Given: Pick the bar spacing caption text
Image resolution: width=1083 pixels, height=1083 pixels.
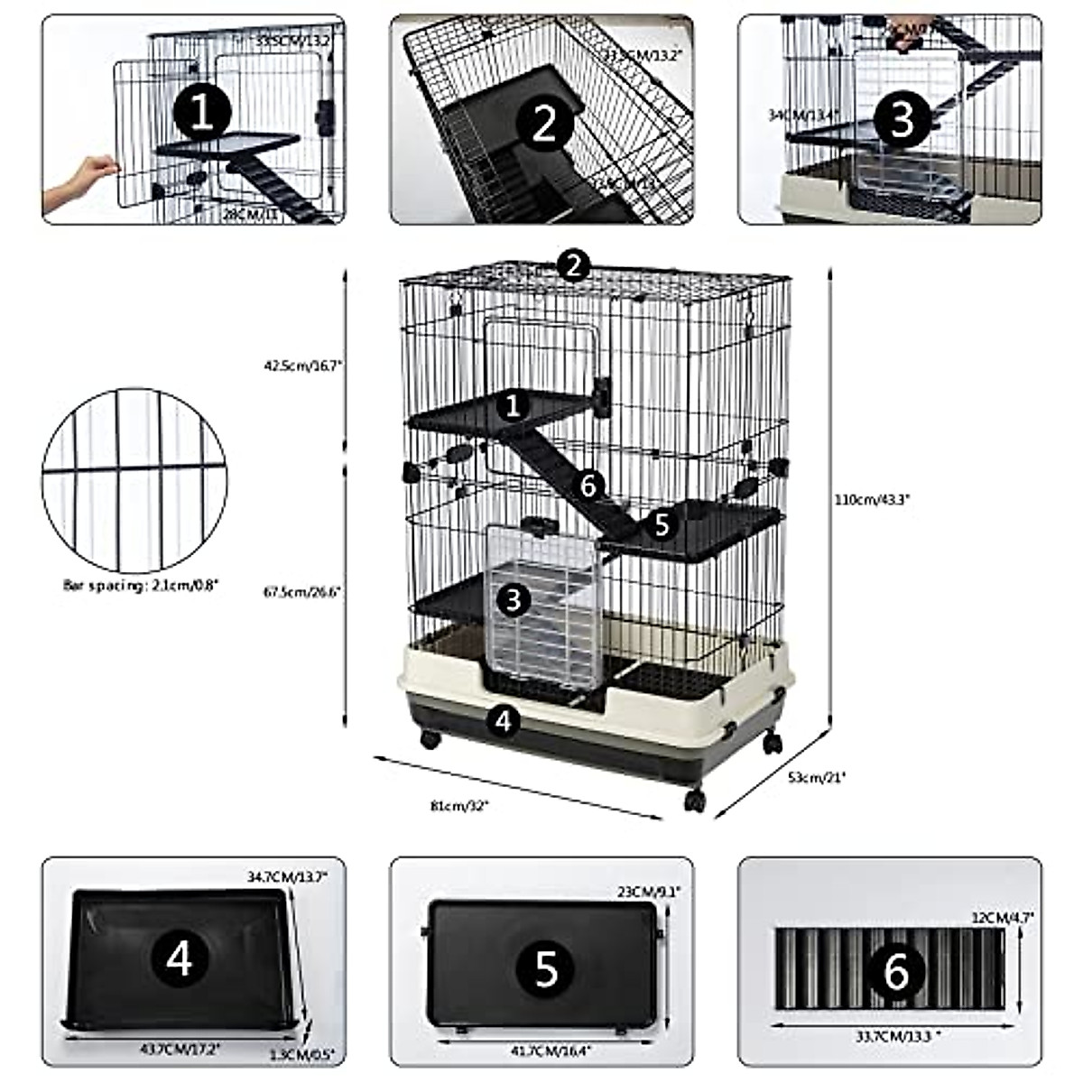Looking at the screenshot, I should [x=141, y=585].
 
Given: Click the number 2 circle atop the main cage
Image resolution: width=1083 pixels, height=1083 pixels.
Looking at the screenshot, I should [x=573, y=265].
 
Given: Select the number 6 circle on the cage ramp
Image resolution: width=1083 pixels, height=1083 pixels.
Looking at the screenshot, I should [x=588, y=485].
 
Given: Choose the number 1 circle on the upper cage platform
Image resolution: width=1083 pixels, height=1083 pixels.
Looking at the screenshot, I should [x=514, y=405].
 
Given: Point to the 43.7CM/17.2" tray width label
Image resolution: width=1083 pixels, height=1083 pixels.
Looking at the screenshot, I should [x=181, y=1050].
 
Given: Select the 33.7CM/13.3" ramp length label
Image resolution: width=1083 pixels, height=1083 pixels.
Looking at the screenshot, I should [x=892, y=1036].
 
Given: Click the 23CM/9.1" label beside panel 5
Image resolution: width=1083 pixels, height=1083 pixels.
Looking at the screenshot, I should [x=655, y=891].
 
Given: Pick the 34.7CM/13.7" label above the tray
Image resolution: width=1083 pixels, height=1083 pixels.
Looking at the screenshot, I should [x=287, y=876].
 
